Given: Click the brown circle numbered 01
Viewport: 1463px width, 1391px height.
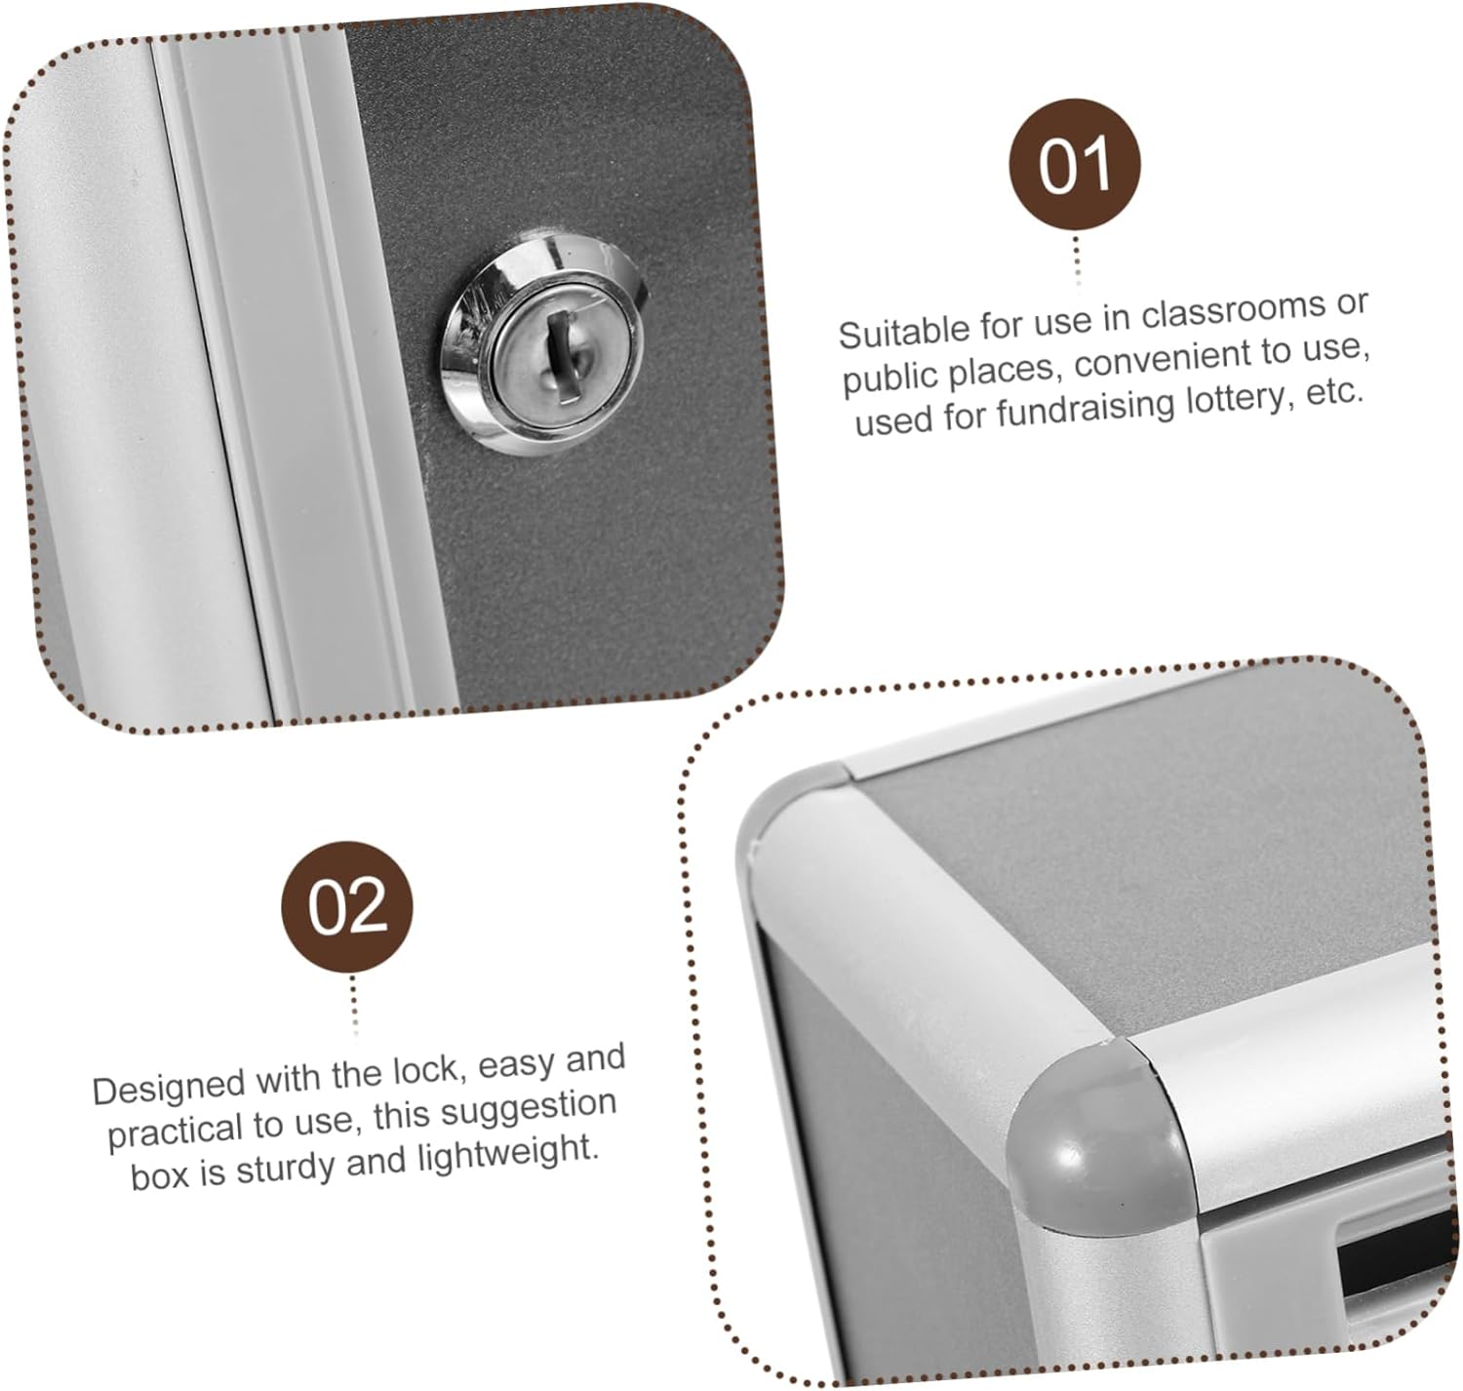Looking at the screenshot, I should click(x=1074, y=164).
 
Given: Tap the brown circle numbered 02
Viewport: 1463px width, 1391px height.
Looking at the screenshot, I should click(x=347, y=907).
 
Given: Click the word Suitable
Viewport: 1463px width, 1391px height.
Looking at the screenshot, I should click(x=901, y=333).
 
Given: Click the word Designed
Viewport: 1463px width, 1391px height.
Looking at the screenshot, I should click(x=169, y=1087).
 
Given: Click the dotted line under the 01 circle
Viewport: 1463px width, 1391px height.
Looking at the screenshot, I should click(x=1077, y=258).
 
